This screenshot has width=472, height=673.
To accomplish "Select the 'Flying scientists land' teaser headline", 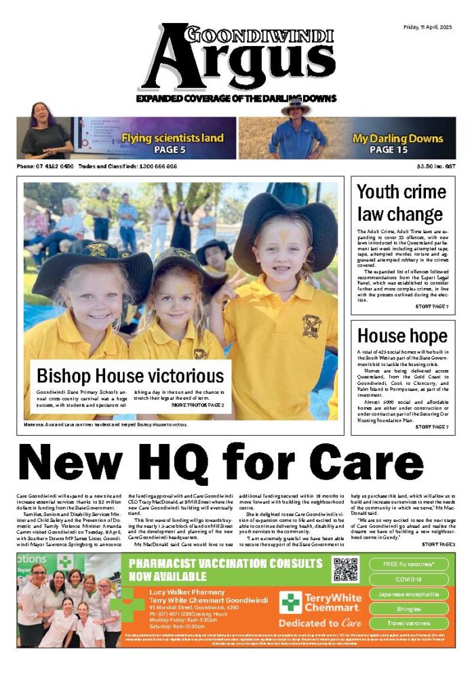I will tap(172, 138).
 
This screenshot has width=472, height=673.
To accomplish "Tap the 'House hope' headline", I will tap(393, 335).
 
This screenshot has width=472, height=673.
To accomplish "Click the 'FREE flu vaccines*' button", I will tap(410, 564).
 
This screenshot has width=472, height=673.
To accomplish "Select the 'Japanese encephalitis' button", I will tap(410, 594).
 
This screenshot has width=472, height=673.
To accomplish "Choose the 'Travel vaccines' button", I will tap(410, 623).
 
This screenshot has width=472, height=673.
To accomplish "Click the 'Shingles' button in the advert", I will tap(410, 609).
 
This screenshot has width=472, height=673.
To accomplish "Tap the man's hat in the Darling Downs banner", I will tap(296, 106).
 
